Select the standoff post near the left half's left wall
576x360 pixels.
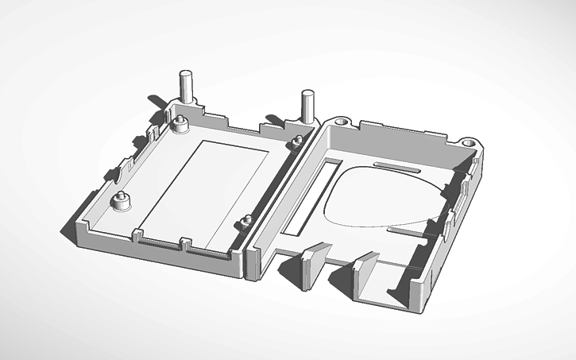[x=122, y=202]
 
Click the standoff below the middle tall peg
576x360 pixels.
[x=297, y=141]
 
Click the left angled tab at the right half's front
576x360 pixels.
[x=315, y=265]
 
